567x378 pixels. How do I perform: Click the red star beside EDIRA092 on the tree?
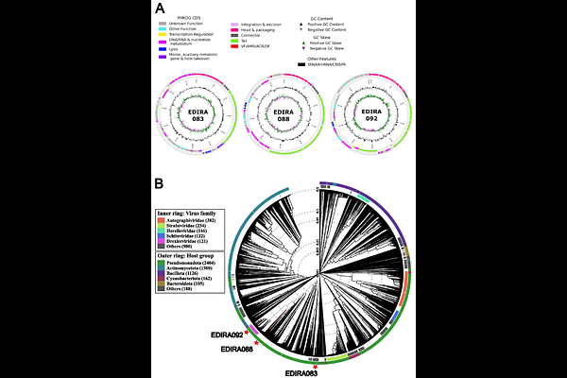click(246, 333)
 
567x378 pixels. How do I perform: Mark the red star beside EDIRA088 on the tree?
click(255, 343)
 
